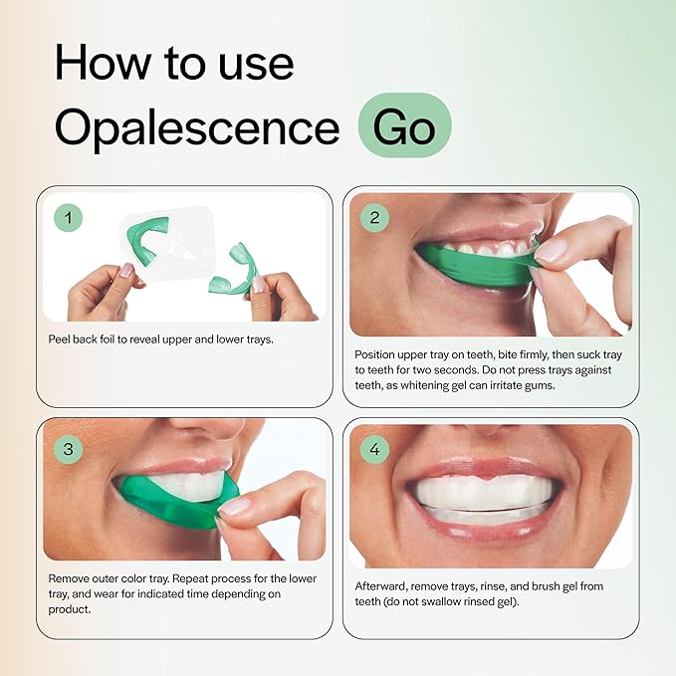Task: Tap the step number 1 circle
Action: click(68, 216)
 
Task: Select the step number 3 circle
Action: click(68, 449)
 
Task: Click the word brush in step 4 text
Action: click(557, 585)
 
